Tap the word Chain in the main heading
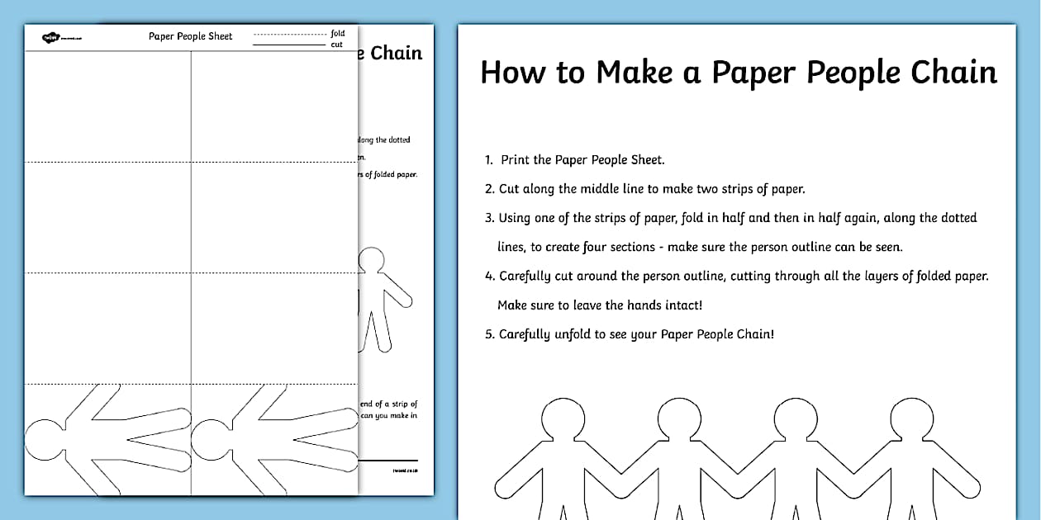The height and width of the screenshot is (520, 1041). (954, 73)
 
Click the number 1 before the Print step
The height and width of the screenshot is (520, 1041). (488, 160)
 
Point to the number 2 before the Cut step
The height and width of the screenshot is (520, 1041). (489, 189)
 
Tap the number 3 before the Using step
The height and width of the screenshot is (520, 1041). (489, 218)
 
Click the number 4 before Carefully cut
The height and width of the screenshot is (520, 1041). (489, 277)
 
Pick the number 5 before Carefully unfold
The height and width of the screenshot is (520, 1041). (489, 334)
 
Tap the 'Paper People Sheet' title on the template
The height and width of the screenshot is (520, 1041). (190, 36)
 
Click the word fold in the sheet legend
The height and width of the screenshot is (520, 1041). (338, 33)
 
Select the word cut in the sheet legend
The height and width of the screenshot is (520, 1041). (337, 45)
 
